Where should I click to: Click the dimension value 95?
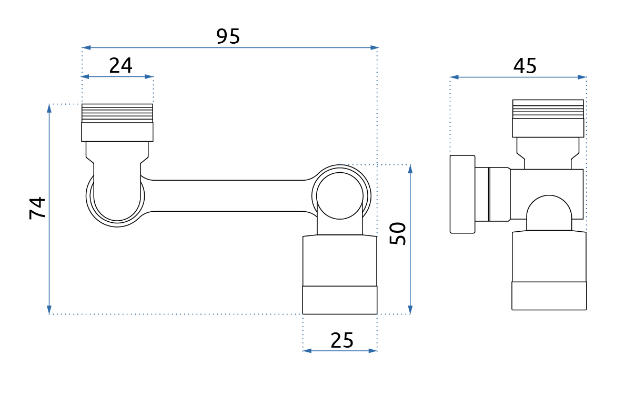[228, 36]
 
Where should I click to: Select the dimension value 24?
[120, 66]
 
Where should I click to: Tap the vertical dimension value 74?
[37, 208]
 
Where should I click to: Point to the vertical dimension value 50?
[398, 233]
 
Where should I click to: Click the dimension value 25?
[342, 340]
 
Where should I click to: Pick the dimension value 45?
[525, 66]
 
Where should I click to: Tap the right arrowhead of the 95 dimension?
[374, 48]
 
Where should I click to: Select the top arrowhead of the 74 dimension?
[49, 109]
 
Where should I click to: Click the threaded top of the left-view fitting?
[117, 113]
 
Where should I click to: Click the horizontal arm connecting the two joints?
[226, 195]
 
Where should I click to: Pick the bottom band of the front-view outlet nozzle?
[340, 300]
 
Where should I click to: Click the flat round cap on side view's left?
[462, 194]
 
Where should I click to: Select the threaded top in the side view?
[548, 109]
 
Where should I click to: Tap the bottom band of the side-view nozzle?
[549, 295]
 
